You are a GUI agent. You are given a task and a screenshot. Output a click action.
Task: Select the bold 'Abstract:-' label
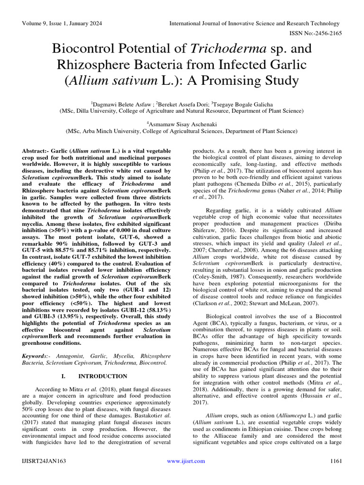coord(37,150)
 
